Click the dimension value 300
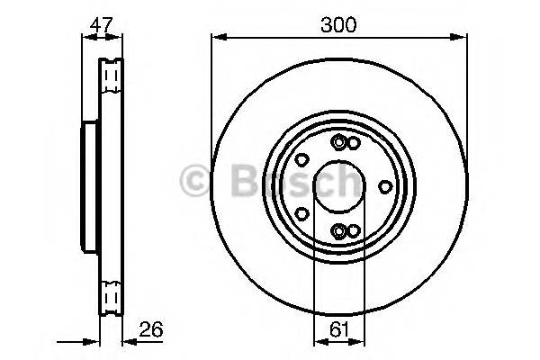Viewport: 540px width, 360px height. pyautogui.click(x=338, y=25)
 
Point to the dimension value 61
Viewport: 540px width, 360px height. pyautogui.click(x=338, y=329)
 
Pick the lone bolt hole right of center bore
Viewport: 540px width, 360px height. pyautogui.click(x=386, y=186)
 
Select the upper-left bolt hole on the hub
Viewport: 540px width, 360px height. pyautogui.click(x=302, y=159)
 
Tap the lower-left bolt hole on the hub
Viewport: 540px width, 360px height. pyautogui.click(x=302, y=214)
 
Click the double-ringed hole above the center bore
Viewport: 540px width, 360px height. pyautogui.click(x=338, y=142)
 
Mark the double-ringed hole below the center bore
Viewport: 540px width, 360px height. pyautogui.click(x=338, y=231)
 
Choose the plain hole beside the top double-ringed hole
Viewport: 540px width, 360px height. pyautogui.click(x=354, y=143)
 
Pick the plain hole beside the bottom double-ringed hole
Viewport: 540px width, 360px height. pyautogui.click(x=354, y=231)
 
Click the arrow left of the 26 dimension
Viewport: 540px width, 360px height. pyautogui.click(x=90, y=342)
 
